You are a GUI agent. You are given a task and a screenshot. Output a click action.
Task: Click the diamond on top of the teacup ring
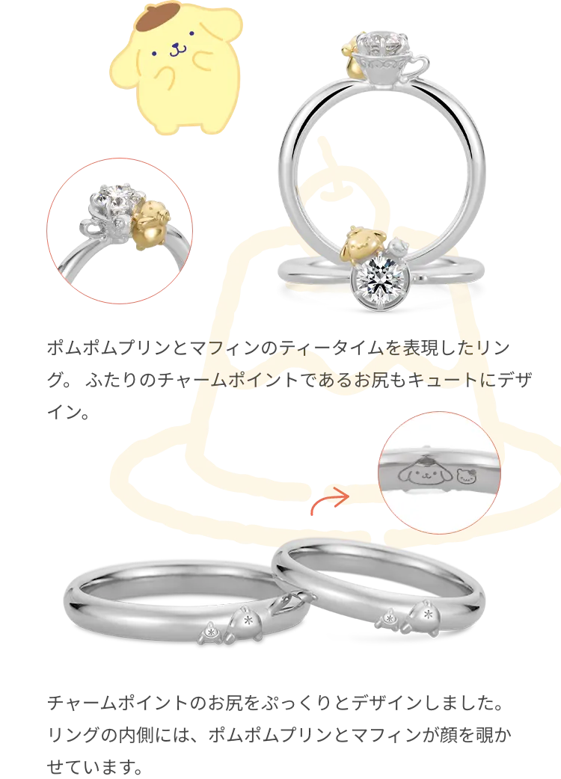point(384,41)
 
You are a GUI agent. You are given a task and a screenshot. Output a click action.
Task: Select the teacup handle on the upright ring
point(420,64)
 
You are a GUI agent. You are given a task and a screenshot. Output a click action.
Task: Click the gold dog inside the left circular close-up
point(152,224)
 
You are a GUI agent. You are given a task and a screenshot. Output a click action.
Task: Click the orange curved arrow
point(329,500)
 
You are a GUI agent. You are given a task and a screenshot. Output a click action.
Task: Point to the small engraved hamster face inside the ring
point(465,475)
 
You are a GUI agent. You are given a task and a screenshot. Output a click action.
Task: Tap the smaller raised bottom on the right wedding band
point(390,619)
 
